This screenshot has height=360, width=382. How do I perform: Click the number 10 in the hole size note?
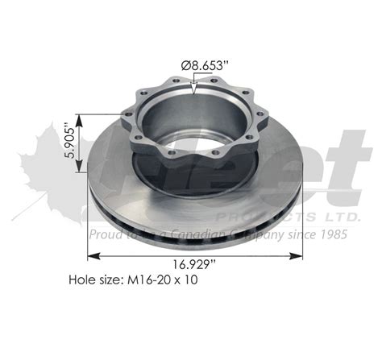[x=190, y=281]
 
